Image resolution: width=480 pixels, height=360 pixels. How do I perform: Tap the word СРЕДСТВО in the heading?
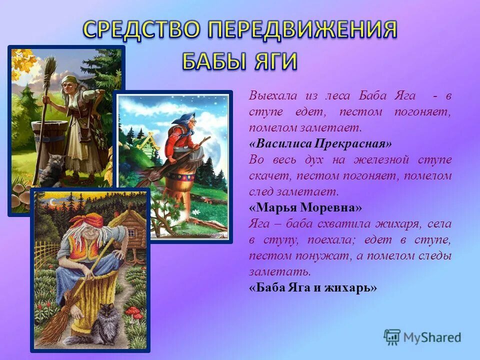(141, 30)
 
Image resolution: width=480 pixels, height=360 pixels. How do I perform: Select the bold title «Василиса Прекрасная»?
(320, 143)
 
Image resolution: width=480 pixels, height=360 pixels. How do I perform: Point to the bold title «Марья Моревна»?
(305, 207)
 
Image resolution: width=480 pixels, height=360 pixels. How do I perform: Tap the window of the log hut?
(130, 232)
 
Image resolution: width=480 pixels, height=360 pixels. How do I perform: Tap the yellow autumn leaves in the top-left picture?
(23, 62)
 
